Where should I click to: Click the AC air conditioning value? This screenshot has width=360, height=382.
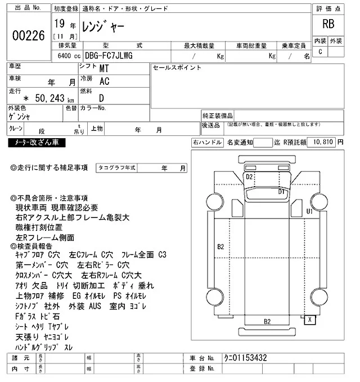pos(104,82)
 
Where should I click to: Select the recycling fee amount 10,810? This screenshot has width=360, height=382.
pos(321,143)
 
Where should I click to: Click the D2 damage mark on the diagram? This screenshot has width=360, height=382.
pos(250,176)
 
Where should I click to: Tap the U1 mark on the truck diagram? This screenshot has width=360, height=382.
pos(309,211)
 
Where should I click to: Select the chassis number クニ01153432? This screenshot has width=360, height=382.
pos(244,358)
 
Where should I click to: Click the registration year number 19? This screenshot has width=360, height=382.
pos(59,24)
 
